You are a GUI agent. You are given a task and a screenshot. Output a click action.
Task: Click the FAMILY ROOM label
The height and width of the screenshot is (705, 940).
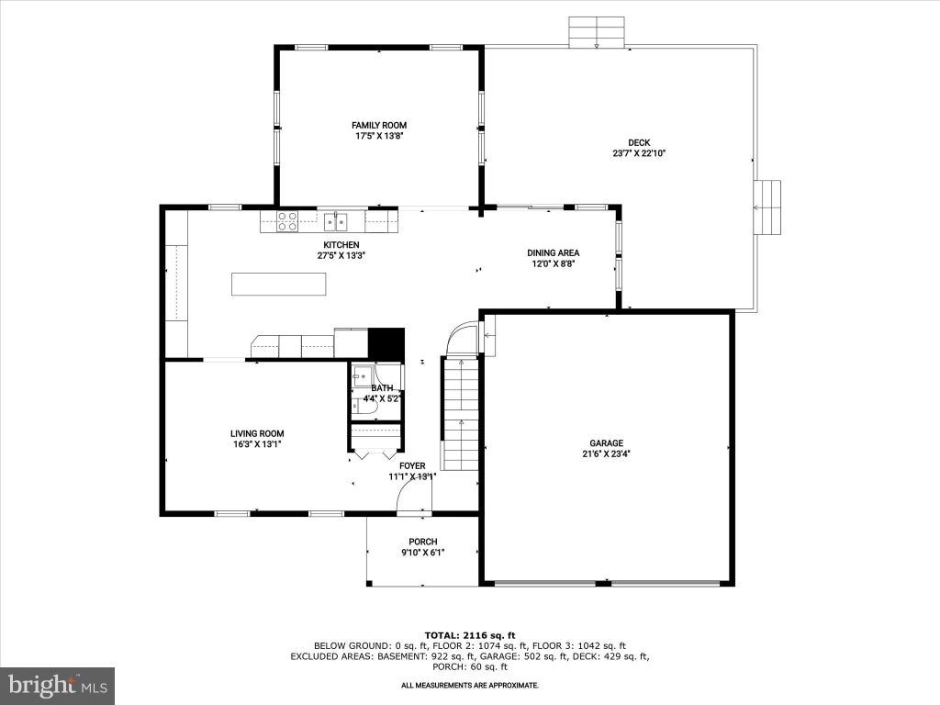(379, 125)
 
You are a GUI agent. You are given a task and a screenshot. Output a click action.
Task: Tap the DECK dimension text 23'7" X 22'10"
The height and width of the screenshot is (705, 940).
(639, 153)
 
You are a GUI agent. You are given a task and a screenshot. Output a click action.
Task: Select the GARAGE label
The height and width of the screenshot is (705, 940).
(606, 443)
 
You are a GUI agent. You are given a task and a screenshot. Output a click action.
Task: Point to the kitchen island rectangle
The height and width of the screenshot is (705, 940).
(279, 285)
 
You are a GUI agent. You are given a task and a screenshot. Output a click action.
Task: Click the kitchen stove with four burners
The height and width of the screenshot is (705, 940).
(287, 222)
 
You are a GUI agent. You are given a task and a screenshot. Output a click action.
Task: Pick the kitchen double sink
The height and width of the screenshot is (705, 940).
(336, 222)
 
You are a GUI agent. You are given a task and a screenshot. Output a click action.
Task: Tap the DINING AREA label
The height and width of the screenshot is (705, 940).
(554, 253)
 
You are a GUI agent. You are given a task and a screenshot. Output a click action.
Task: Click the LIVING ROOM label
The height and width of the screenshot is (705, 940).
(257, 433)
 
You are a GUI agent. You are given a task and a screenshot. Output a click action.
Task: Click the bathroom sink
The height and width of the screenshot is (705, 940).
(362, 376)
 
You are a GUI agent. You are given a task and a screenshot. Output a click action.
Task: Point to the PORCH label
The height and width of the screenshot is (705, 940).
(423, 542)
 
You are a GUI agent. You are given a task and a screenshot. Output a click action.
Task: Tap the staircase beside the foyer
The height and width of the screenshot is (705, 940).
(460, 414)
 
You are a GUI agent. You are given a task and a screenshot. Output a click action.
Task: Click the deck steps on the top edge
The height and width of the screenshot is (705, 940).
(597, 32)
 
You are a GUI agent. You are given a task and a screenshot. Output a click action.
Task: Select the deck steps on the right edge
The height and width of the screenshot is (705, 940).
(767, 207)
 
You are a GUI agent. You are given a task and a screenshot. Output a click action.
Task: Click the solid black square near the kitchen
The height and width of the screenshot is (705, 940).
(386, 343)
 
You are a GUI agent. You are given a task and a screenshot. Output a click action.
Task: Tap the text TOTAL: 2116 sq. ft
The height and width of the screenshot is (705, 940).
(470, 635)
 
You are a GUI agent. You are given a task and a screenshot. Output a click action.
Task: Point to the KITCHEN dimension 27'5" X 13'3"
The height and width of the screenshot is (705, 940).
(341, 255)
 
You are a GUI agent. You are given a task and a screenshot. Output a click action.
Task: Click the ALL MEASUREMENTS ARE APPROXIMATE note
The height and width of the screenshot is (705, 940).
(470, 685)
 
